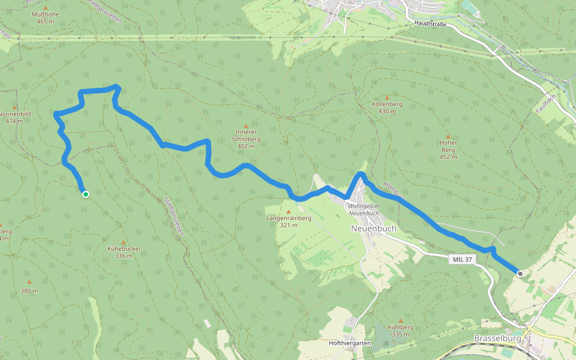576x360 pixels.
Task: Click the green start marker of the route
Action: tap(86, 194)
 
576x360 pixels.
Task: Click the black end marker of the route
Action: tap(520, 274)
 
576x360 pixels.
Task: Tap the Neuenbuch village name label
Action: tap(373, 229)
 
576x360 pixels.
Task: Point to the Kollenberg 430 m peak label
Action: tap(387, 107)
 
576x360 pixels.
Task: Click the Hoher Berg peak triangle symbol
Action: tap(448, 136)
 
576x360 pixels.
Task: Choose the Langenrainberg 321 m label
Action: tap(289, 221)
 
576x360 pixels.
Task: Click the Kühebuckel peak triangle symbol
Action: tap(124, 242)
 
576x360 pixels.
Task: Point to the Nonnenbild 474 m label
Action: tap(14, 117)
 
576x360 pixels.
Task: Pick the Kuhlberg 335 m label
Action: tap(401, 331)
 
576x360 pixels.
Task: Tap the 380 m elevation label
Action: tap(29, 291)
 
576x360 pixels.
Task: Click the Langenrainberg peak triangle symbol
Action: tap(289, 211)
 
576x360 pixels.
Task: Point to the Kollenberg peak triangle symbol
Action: tap(387, 97)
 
